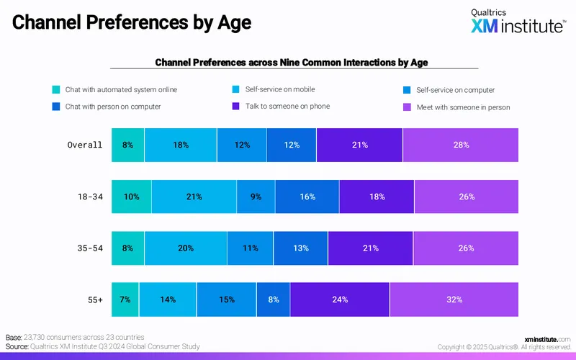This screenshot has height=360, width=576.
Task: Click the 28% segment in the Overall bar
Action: point(461,145)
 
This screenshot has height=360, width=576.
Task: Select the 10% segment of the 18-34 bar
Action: point(132,197)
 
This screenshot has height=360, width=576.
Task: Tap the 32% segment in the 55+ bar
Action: point(454,300)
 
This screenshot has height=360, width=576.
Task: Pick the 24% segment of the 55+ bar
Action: point(340,300)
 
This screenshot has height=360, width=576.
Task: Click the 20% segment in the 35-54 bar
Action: point(186,248)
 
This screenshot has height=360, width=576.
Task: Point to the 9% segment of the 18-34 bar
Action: point(256,197)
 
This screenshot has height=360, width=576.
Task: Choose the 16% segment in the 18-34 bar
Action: point(307,197)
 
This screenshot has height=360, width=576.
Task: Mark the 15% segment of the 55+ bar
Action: point(227,300)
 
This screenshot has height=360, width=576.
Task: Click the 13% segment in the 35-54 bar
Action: point(300,248)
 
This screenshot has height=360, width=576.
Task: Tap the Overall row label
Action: point(84,145)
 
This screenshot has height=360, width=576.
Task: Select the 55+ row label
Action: point(95,300)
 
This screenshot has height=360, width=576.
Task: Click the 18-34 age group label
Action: point(90,197)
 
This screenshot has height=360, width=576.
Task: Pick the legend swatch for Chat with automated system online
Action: point(56,89)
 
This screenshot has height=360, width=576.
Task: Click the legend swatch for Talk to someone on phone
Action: point(236,106)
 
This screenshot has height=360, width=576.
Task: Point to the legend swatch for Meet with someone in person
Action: point(407,107)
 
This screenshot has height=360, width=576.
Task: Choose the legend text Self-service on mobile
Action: point(280,89)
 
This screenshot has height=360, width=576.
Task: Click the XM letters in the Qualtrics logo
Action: point(485,26)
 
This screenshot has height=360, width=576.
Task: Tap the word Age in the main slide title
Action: point(235,22)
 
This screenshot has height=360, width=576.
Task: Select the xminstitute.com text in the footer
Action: point(547,339)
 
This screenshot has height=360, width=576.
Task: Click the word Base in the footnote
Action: point(14,337)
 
